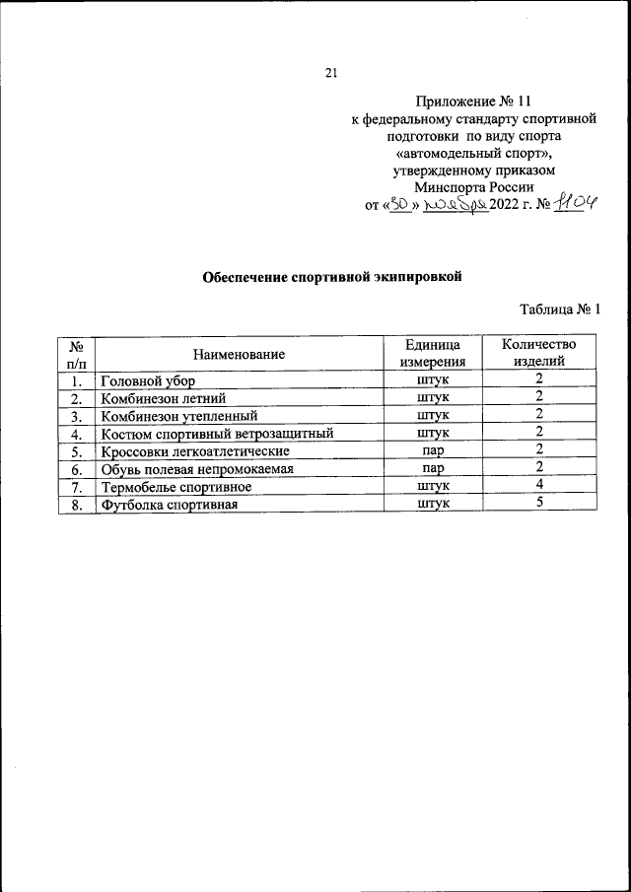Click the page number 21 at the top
(331, 72)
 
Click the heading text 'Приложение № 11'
(474, 100)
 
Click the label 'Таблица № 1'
(559, 309)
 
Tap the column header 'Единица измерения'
(433, 353)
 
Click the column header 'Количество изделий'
(539, 353)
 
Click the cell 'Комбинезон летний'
(164, 397)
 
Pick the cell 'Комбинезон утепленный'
(178, 415)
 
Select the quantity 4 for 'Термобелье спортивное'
(539, 486)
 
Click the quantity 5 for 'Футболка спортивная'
(539, 504)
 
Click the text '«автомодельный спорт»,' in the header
(474, 153)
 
